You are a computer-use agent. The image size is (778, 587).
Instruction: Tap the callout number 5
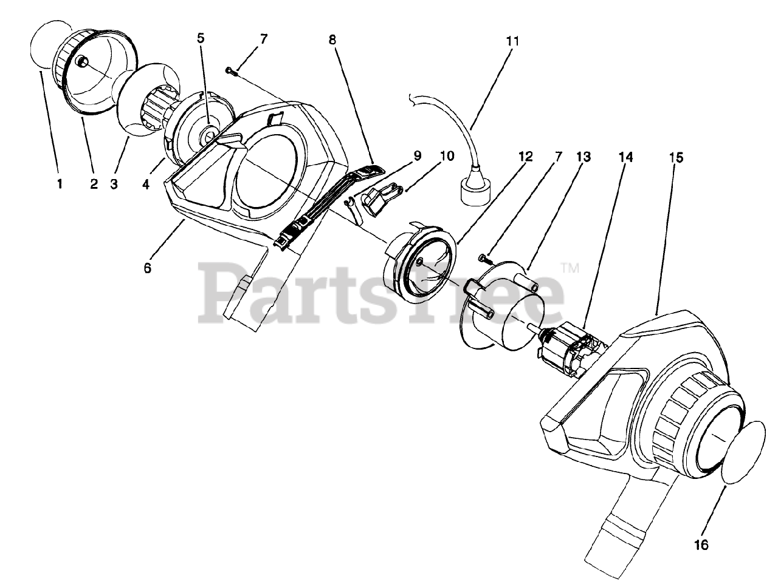coord(201,38)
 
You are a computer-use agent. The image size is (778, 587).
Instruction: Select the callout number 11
coord(512,41)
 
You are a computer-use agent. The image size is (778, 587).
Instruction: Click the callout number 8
coord(332,40)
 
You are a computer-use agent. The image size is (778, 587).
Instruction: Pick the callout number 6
coord(147,267)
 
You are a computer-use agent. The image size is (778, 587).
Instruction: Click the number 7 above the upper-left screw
coord(263,39)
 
